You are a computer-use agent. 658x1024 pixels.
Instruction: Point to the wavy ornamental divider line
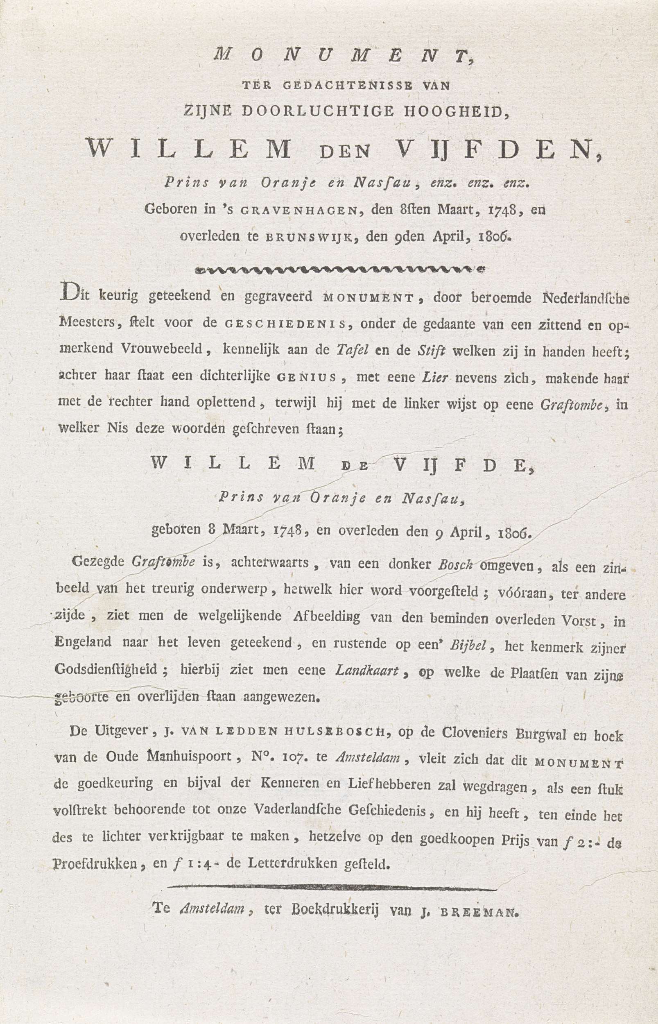(337, 270)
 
